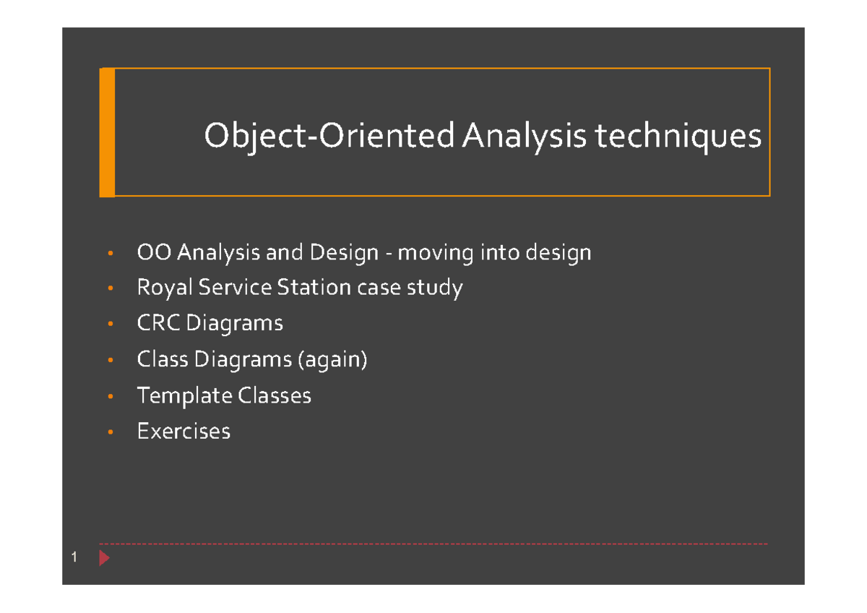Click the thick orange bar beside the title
tap(107, 132)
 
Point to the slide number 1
tap(74, 558)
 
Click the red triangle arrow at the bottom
tap(104, 558)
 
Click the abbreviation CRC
tap(158, 322)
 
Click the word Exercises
tap(184, 432)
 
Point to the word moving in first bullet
tap(436, 252)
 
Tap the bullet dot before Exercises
tap(110, 432)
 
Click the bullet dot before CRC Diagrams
tap(110, 324)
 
